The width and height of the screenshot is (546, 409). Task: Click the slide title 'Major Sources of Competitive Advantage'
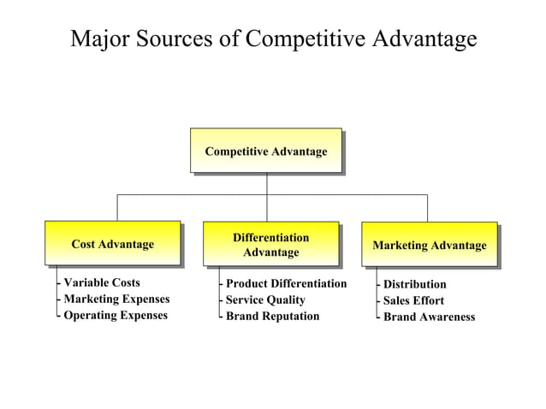(273, 39)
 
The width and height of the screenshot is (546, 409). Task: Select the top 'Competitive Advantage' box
(265, 151)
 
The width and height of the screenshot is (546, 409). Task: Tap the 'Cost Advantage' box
(112, 244)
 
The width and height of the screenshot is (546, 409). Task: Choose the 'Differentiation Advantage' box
(270, 244)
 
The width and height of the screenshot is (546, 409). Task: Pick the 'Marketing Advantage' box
(429, 245)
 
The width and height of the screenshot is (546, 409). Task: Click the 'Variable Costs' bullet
(101, 282)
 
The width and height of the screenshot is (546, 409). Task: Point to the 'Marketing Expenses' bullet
(116, 299)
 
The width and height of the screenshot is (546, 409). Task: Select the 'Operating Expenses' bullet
(116, 315)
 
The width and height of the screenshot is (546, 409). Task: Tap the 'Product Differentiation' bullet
(286, 283)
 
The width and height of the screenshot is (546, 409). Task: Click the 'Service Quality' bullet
(264, 299)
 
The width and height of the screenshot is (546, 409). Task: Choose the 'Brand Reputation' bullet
(272, 316)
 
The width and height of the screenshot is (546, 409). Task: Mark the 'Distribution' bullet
(414, 284)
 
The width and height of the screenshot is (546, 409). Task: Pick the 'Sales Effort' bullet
(413, 300)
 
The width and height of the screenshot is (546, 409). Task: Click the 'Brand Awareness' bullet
(429, 317)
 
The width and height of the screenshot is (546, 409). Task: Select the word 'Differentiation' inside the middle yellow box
(270, 237)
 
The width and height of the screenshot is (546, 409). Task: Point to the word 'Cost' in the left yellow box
(85, 244)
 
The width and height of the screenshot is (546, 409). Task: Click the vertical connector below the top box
(266, 183)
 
